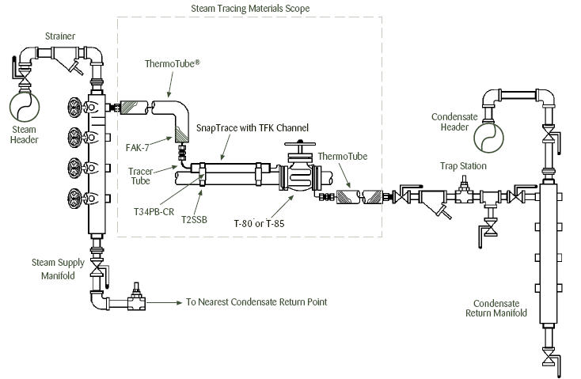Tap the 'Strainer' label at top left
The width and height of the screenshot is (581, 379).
60,36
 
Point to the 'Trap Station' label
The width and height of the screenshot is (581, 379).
464,166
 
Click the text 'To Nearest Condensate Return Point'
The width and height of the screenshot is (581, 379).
256,301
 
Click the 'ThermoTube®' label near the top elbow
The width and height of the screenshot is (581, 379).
171,62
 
